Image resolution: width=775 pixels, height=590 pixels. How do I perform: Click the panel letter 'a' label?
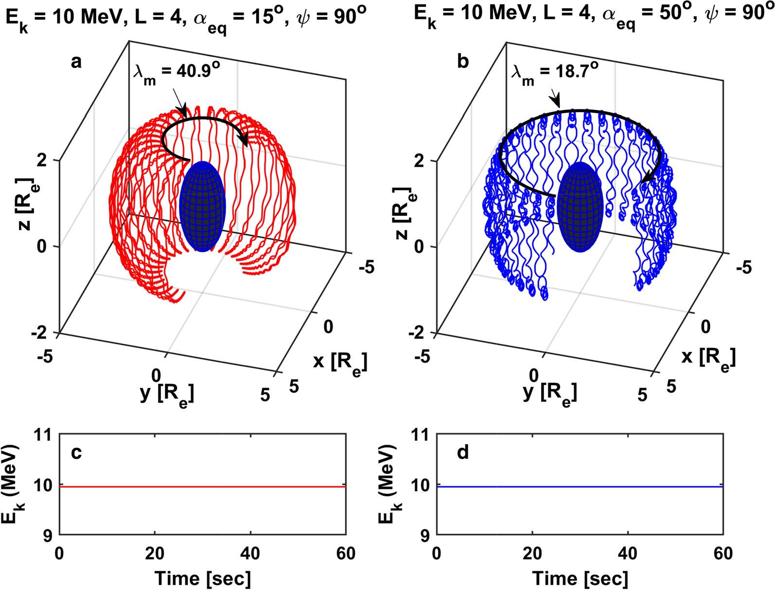tap(76, 62)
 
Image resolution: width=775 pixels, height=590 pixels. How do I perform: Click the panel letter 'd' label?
tap(463, 452)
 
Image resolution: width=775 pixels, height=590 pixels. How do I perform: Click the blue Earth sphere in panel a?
tap(202, 207)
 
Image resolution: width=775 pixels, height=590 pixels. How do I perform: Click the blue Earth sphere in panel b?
tap(580, 207)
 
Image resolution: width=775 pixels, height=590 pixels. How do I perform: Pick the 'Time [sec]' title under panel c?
tap(202, 578)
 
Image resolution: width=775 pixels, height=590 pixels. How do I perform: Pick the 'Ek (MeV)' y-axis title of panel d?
tap(387, 485)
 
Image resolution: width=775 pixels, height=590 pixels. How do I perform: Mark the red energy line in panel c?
tap(202, 486)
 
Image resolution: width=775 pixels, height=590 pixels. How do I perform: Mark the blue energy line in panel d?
tap(580, 486)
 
